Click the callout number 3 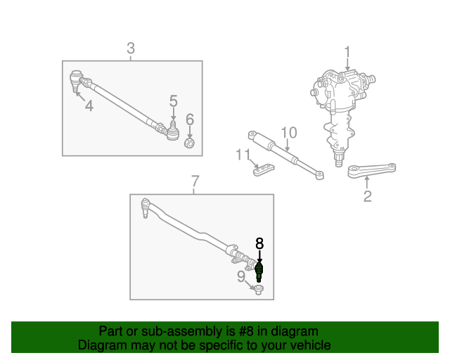click(x=131, y=49)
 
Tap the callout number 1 click(x=347, y=52)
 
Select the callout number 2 click(x=367, y=196)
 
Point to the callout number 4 click(x=89, y=105)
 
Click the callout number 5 click(x=174, y=101)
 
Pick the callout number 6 click(x=190, y=120)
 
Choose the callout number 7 click(x=195, y=181)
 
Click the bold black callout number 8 click(x=259, y=243)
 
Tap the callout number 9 click(x=241, y=277)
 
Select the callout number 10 click(x=289, y=133)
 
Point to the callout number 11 click(x=243, y=155)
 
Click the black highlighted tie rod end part click(x=259, y=272)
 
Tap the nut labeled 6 click(x=189, y=143)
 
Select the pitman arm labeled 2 click(x=372, y=171)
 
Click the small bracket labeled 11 click(x=264, y=169)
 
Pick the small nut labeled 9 click(x=259, y=290)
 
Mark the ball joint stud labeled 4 click(x=75, y=81)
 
